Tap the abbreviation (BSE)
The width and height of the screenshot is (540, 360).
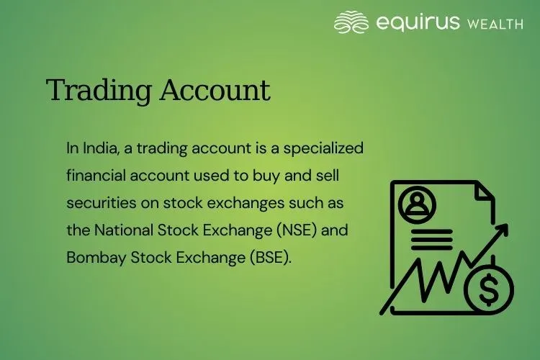coord(272,258)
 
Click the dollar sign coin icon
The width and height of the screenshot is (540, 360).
coord(490,291)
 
